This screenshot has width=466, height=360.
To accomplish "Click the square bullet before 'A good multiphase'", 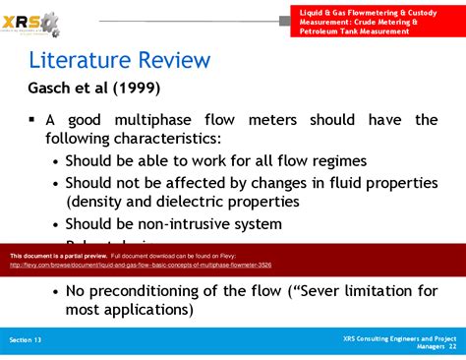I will pyautogui.click(x=31, y=120).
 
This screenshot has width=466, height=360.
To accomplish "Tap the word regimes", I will pyautogui.click(x=337, y=160).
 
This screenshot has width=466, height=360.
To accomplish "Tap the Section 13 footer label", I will pyautogui.click(x=26, y=339).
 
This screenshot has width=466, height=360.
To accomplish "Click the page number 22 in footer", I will pyautogui.click(x=451, y=346).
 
